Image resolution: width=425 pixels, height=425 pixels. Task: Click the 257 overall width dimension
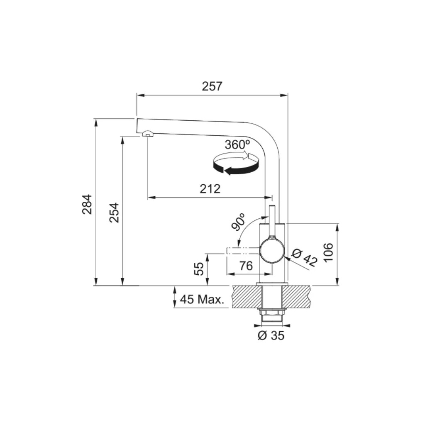(212, 86)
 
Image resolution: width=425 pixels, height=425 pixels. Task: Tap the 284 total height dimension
(87, 204)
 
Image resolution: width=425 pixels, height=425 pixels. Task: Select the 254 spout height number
(115, 213)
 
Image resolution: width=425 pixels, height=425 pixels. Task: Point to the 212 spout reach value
(210, 189)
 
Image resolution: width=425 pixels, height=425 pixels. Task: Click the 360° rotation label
(237, 145)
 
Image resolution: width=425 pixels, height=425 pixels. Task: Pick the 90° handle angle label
(239, 222)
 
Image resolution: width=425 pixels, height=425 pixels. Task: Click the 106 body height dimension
(329, 252)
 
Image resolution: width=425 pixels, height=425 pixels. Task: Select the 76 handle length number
(246, 266)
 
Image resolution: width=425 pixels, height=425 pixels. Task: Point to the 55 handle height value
(200, 269)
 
